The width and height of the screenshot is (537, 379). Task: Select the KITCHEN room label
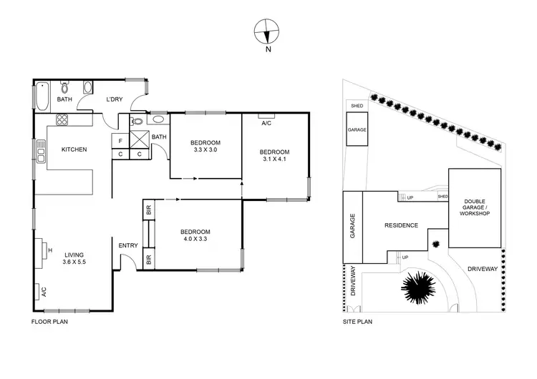[x=74, y=149]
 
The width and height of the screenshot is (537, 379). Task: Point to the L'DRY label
[x=115, y=100]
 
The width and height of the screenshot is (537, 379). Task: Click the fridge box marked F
[x=120, y=141]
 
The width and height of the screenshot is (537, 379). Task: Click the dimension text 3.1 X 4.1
[x=274, y=160]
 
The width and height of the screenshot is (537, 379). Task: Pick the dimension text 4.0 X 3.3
[x=195, y=240]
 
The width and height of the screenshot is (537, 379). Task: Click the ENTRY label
[x=128, y=246]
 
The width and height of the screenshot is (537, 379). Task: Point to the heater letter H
[x=50, y=250]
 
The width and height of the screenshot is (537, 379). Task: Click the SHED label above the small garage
[x=357, y=106]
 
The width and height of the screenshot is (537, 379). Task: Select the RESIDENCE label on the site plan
[x=401, y=225]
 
